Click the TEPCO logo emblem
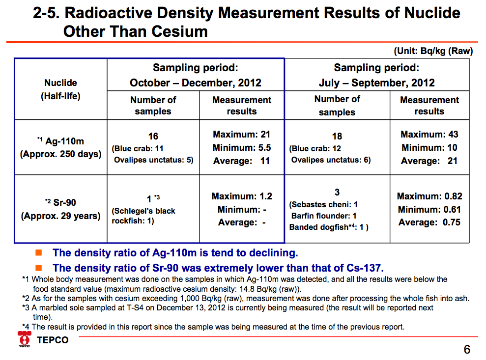25,339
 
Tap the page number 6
467,350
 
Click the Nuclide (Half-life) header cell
61,89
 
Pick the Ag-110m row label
61,147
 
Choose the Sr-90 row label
61,209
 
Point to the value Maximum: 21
241,134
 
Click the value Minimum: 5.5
242,147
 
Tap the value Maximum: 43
429,134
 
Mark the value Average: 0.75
429,222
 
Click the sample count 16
153,136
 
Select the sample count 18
337,136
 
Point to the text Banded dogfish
318,227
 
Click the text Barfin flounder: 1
324,216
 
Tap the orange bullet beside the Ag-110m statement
39,252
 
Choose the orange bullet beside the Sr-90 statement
39,267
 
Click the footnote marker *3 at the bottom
26,307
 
